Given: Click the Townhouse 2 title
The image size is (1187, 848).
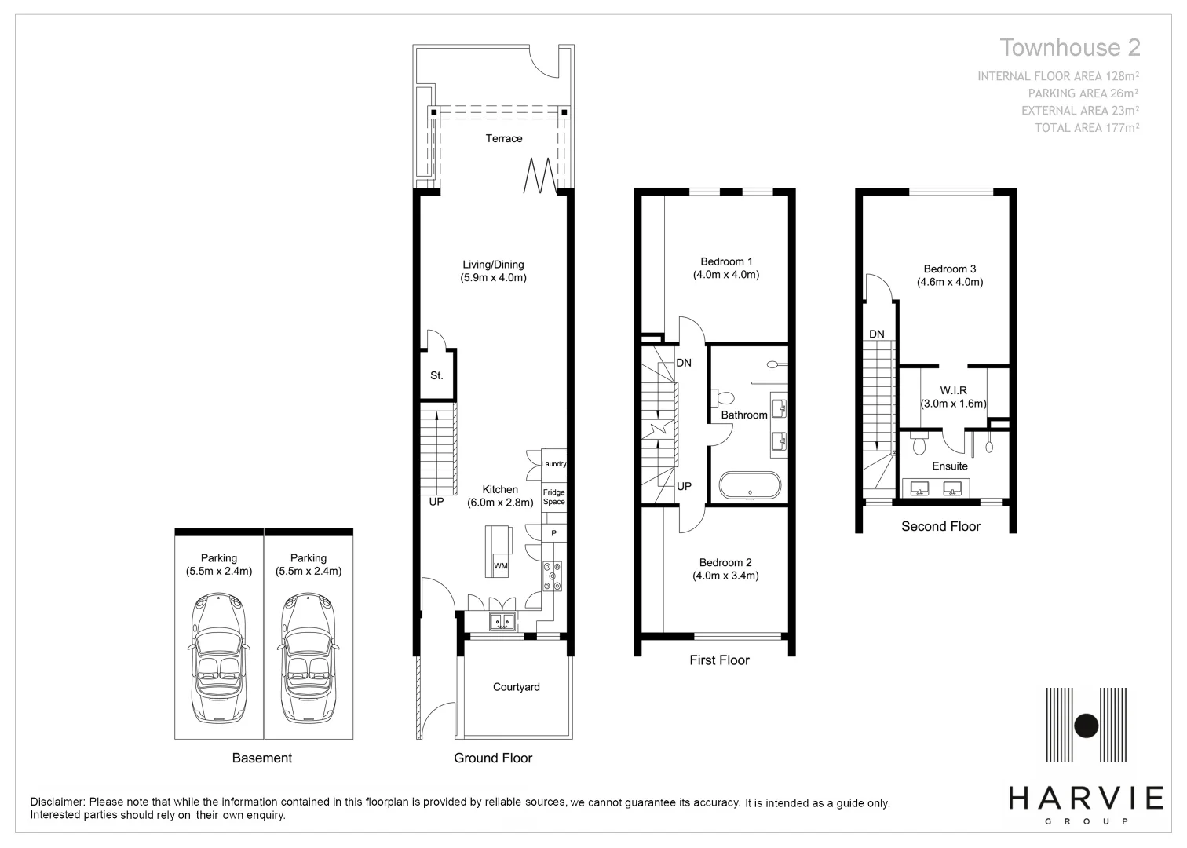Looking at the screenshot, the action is pos(1069,48).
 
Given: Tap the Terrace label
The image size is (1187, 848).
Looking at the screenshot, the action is pos(503,139).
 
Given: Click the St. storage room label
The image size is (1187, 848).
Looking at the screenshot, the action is pos(436,376).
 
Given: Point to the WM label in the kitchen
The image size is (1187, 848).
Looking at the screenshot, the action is pos(500,566).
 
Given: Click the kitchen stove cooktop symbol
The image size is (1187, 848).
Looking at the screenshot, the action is pos(552,576).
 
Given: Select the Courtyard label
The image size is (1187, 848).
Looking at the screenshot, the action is pos(516,687).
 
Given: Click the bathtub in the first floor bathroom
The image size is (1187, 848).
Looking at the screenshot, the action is pos(750,485).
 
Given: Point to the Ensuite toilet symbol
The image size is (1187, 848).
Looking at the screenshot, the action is pos(921,446).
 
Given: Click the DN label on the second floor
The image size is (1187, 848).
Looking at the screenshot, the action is pos(876,334).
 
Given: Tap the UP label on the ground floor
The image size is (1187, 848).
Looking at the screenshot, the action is pos(436,502).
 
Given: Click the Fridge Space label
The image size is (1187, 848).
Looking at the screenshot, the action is pos(553,497).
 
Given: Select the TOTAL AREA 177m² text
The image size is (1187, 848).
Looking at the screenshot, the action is pos(1087,128).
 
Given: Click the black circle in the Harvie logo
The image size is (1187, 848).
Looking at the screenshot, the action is pos(1087,726).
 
